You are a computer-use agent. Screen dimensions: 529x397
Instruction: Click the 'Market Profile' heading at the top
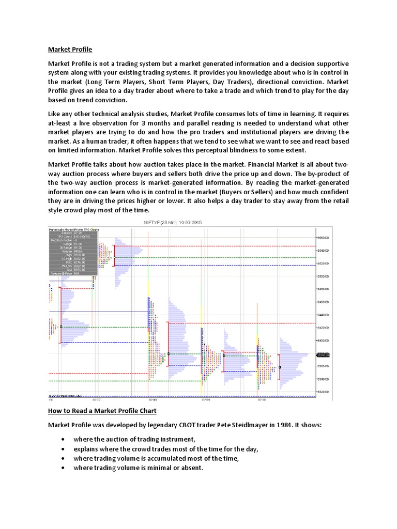(x=70, y=50)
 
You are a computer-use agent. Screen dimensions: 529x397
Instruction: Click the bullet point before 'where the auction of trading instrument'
(x=63, y=439)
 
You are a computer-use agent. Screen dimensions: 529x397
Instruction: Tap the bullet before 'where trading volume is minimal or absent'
(x=63, y=468)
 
